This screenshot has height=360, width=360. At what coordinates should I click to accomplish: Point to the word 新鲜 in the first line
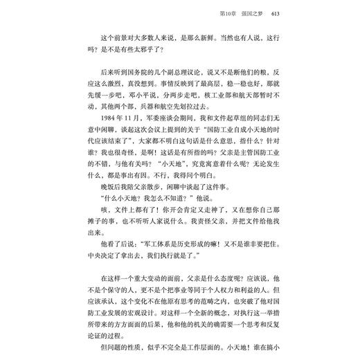(x=213, y=36)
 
